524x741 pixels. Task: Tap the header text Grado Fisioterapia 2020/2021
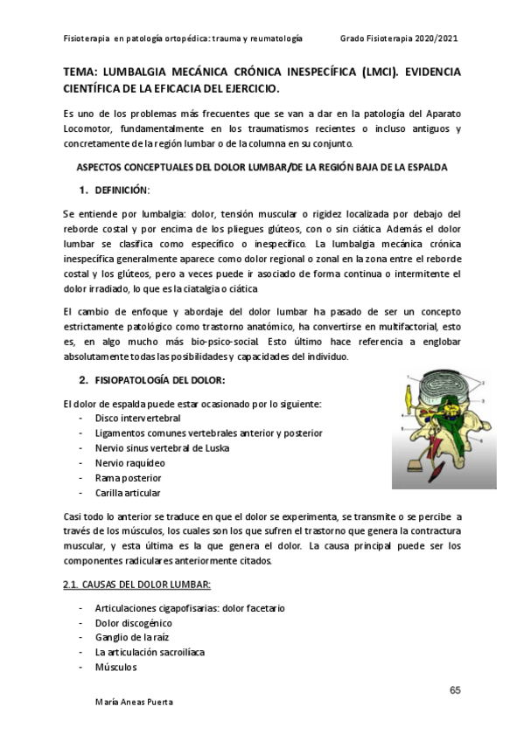pyautogui.click(x=399, y=39)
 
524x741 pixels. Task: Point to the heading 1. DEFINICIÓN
pyautogui.click(x=115, y=190)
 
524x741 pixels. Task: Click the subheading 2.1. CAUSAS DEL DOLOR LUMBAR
pyautogui.click(x=137, y=584)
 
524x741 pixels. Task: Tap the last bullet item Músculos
pyautogui.click(x=116, y=667)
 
